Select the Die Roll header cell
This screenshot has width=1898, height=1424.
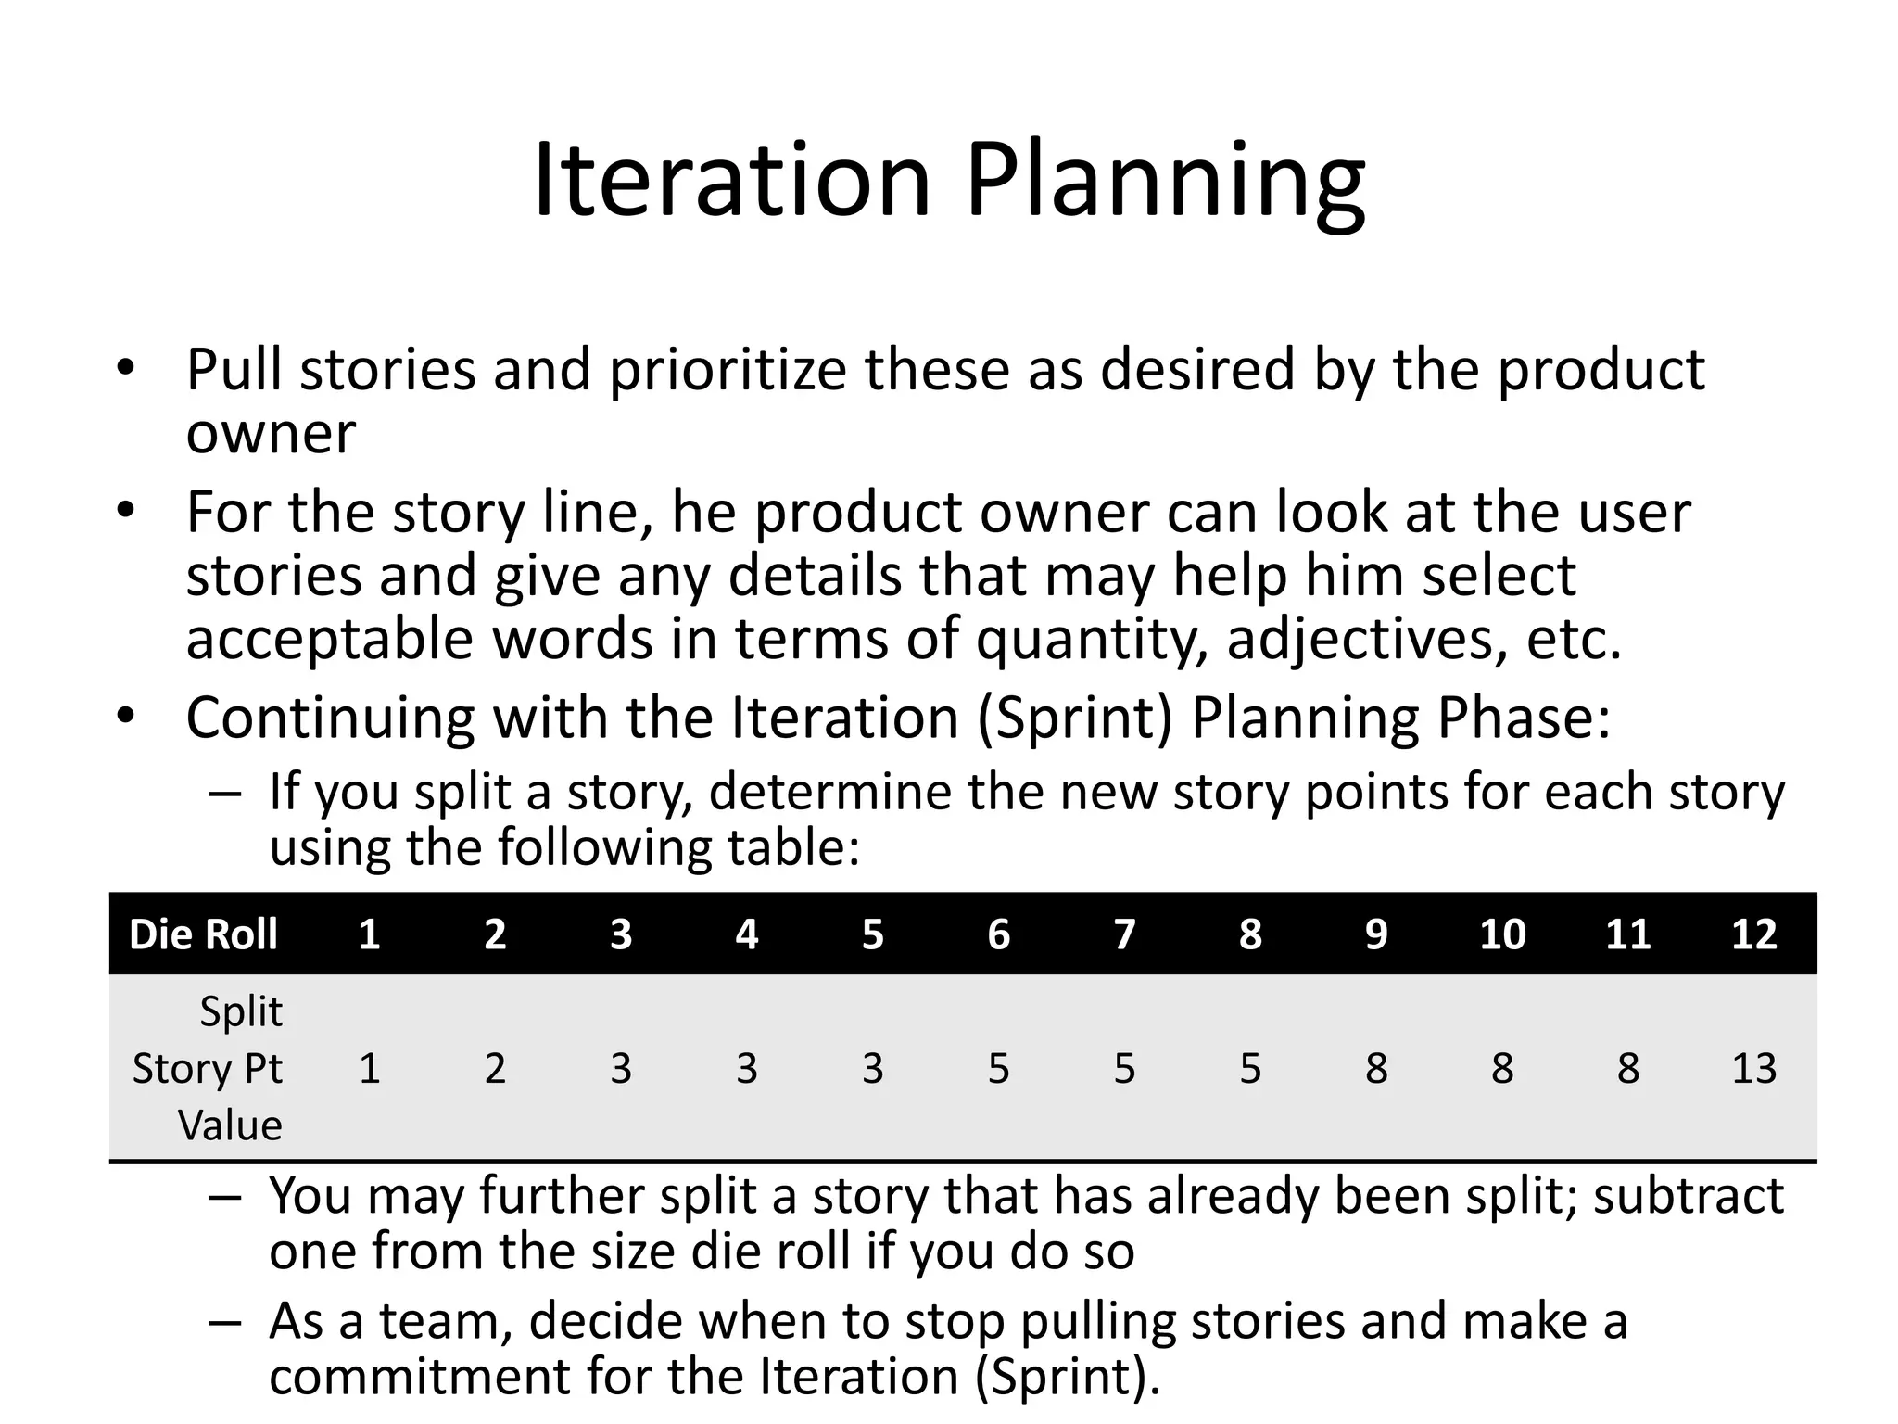(203, 934)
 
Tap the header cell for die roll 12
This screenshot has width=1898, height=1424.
(1753, 934)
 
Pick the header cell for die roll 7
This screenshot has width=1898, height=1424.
(1124, 934)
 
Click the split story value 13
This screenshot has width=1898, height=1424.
(1753, 1068)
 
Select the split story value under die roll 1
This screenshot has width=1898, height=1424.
(369, 1068)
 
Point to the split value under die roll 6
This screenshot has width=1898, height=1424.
(998, 1068)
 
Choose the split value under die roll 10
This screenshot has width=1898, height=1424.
(1501, 1068)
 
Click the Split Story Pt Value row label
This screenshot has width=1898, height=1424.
(208, 1068)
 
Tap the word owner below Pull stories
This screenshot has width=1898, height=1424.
(271, 433)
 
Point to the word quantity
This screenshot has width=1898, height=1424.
(1092, 641)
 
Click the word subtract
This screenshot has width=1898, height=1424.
(1688, 1195)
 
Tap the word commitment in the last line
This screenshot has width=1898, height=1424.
(419, 1376)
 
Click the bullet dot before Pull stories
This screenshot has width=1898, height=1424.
(125, 369)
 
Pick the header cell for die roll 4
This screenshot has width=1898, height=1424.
(746, 934)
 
